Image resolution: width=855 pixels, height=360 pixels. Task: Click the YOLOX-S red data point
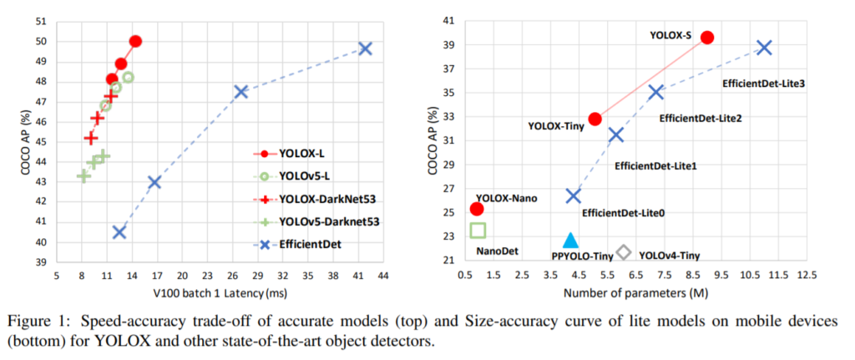[x=706, y=38]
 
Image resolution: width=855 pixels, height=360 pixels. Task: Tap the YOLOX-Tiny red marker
[x=594, y=119]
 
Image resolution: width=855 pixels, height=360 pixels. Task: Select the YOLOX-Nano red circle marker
[x=477, y=209]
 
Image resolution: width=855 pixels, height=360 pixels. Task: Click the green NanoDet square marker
[x=478, y=230]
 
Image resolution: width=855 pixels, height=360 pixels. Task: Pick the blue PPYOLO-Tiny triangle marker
[x=570, y=241]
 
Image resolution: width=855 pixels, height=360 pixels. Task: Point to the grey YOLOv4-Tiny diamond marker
[x=623, y=251]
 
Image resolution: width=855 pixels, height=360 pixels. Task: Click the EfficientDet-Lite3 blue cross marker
[x=763, y=48]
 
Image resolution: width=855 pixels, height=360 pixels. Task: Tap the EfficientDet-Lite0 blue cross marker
[x=573, y=195]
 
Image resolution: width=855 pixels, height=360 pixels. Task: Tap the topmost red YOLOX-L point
[x=135, y=41]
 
